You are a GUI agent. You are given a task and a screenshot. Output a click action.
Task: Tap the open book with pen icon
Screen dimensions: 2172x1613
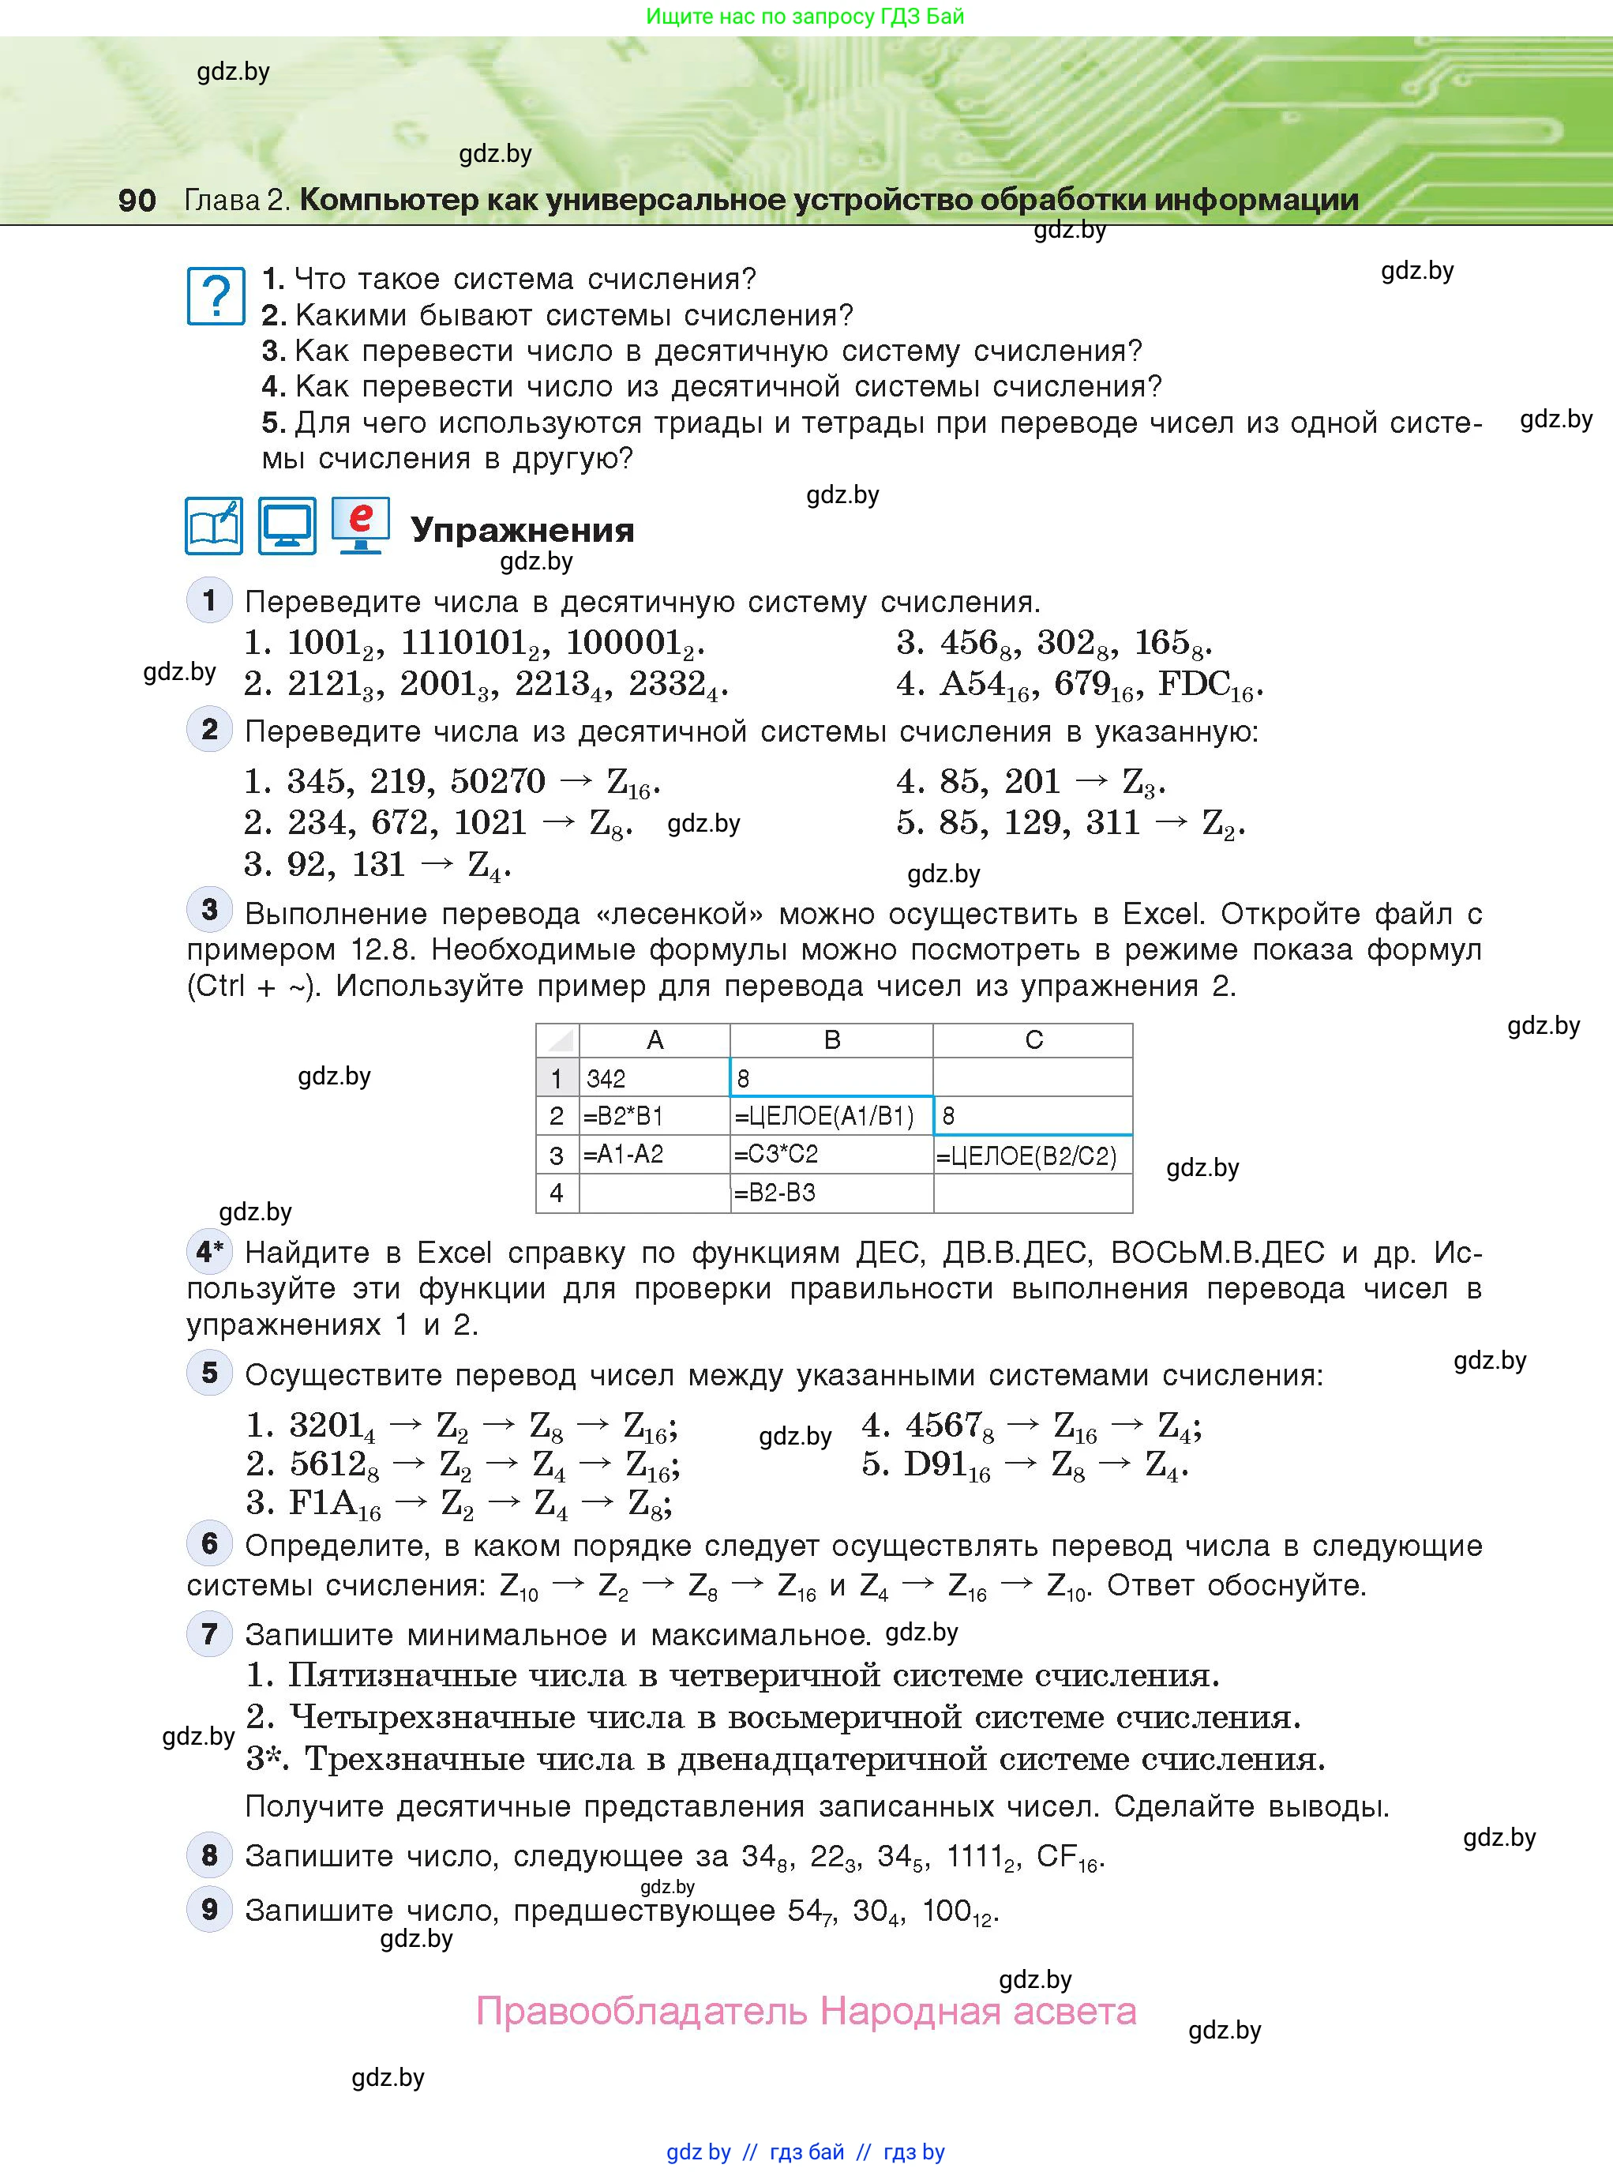[x=214, y=526]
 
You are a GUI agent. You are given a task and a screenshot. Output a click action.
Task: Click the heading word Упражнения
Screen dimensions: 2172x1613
[x=523, y=530]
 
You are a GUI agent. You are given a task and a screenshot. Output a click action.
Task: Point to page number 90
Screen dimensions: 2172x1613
[x=137, y=200]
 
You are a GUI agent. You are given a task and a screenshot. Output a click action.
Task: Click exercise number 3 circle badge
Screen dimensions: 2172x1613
[x=209, y=910]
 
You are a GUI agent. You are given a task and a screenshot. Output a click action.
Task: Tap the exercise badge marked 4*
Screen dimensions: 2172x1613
[x=209, y=1251]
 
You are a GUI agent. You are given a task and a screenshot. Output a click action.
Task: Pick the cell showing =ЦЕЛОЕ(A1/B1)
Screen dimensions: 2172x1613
[x=831, y=1115]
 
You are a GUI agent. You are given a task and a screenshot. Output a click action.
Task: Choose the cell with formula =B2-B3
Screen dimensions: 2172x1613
[x=831, y=1193]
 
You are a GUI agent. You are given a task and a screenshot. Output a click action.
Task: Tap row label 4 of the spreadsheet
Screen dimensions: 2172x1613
[x=557, y=1193]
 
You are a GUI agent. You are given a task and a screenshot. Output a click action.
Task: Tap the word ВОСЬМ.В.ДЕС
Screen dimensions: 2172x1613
[x=1217, y=1252]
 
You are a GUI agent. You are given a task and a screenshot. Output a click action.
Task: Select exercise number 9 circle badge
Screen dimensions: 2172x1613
[x=209, y=1909]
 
